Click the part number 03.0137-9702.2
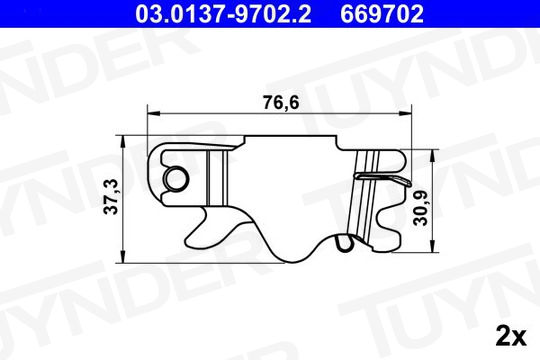pos(223,14)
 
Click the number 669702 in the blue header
pos(382,14)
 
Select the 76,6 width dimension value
pos(281,102)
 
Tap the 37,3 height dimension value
pos(111,197)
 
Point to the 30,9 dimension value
pos(420,208)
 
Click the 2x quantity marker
pos(511,337)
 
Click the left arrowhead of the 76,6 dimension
pos(154,113)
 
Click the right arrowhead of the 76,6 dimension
pos(405,113)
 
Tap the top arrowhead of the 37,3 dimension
pos(123,142)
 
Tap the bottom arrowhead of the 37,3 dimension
pos(123,257)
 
